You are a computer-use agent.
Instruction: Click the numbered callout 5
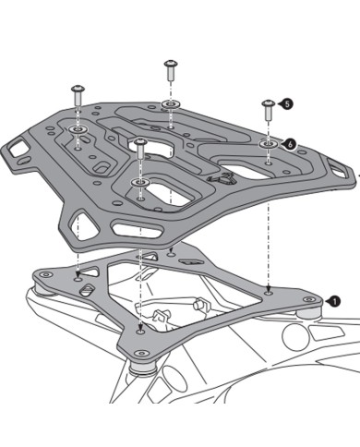click(284, 105)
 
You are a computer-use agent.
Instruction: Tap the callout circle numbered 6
click(289, 144)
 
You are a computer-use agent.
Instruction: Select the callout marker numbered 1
click(333, 299)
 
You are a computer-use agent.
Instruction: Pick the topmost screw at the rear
click(171, 68)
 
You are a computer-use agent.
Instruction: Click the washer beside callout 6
click(267, 144)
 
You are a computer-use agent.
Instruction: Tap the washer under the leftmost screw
click(77, 128)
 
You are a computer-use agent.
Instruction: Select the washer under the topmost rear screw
click(171, 103)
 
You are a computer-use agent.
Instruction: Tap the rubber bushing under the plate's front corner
click(140, 367)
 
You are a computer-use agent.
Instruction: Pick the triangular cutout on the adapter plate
click(86, 291)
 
